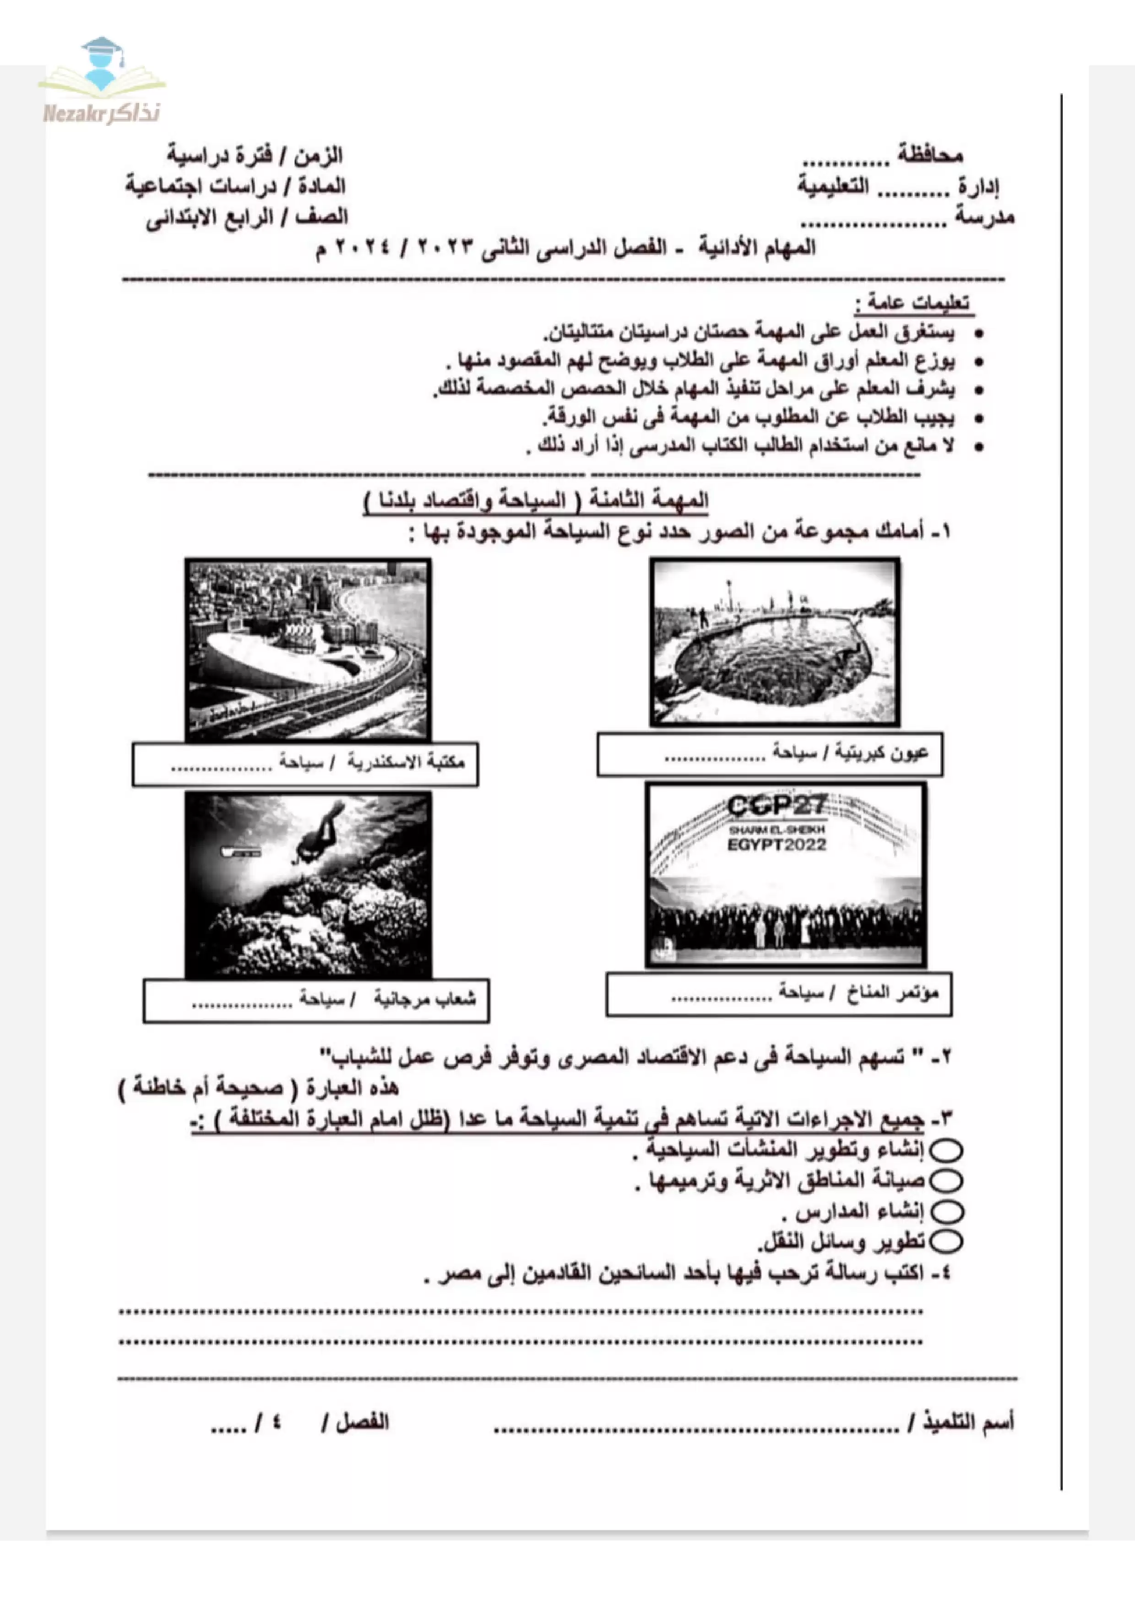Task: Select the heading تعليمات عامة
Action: click(x=912, y=304)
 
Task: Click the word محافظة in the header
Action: click(x=929, y=155)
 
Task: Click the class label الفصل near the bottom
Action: click(x=362, y=1422)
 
